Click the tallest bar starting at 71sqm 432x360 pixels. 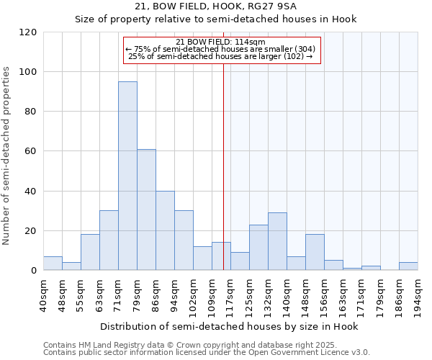point(127,176)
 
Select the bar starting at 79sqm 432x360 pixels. point(146,210)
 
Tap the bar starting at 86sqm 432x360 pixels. point(165,231)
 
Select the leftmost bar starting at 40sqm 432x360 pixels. point(53,264)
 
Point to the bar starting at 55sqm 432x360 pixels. point(90,253)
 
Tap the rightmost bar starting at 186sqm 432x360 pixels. point(408,266)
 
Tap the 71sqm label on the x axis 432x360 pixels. point(119,294)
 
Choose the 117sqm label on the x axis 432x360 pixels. point(231,294)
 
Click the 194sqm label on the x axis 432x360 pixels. point(418,294)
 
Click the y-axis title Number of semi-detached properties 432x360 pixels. point(7,151)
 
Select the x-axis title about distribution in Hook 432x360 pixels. point(229,326)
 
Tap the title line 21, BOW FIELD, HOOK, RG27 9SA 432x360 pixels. point(216,6)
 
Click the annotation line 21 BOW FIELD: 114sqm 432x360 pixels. point(220,42)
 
